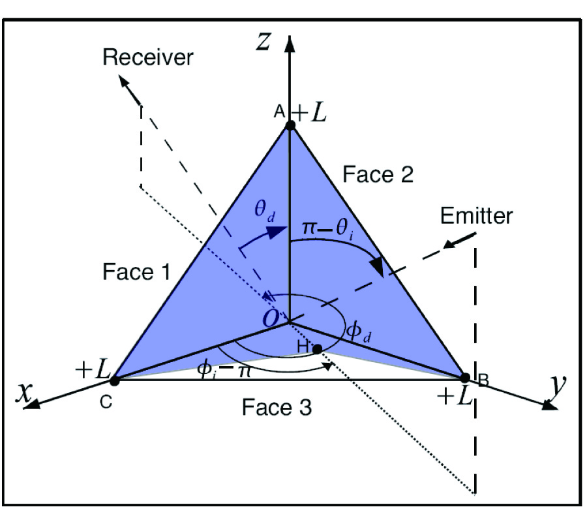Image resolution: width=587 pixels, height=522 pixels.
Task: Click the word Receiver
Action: point(148,57)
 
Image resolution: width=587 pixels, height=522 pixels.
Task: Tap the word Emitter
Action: point(476,215)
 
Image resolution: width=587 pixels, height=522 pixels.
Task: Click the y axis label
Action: point(556,387)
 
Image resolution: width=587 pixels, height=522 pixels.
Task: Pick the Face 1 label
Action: point(136,271)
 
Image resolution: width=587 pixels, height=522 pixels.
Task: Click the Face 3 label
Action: point(277,408)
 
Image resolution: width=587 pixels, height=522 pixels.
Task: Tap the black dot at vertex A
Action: point(290,125)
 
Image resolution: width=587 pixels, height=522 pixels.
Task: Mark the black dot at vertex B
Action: point(466,377)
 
